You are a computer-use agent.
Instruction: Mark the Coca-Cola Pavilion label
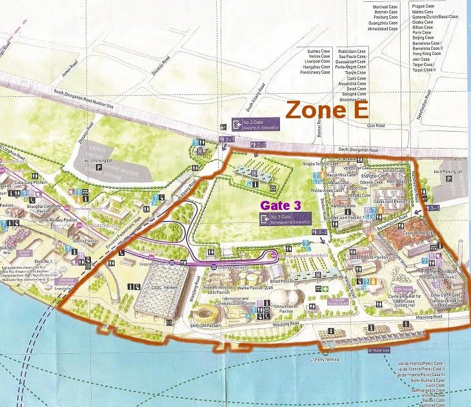30,183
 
